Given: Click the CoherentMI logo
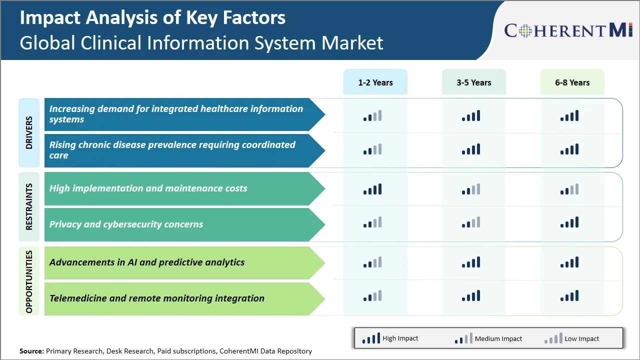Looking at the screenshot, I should [x=568, y=30].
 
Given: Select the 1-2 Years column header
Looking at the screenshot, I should [x=375, y=82].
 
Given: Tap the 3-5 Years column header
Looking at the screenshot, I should [x=473, y=82].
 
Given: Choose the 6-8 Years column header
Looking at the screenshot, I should [x=572, y=82].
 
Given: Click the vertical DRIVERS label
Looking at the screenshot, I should [x=29, y=132].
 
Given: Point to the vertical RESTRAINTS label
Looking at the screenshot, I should [x=29, y=206].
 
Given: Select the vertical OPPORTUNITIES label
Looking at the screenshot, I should [x=29, y=281].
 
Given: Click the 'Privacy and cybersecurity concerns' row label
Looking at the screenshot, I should [x=126, y=224].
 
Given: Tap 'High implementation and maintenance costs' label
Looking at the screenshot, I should [x=148, y=188].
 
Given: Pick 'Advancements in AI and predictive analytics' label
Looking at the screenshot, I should [x=147, y=262].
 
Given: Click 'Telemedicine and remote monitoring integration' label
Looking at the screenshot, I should [x=156, y=298].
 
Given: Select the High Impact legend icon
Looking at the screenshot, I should [x=371, y=339].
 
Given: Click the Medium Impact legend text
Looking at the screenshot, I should [x=498, y=339].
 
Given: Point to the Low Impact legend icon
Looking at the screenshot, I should [x=553, y=339].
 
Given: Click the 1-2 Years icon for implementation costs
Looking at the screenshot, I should [x=372, y=189].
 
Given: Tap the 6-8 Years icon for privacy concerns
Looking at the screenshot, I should [x=569, y=222].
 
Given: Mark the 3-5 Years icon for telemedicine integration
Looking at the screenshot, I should [x=471, y=296].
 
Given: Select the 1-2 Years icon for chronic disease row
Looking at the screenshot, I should [x=372, y=149].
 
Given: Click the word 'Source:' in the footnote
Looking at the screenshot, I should [x=31, y=351].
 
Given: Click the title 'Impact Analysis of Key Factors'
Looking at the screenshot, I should [x=152, y=18].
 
